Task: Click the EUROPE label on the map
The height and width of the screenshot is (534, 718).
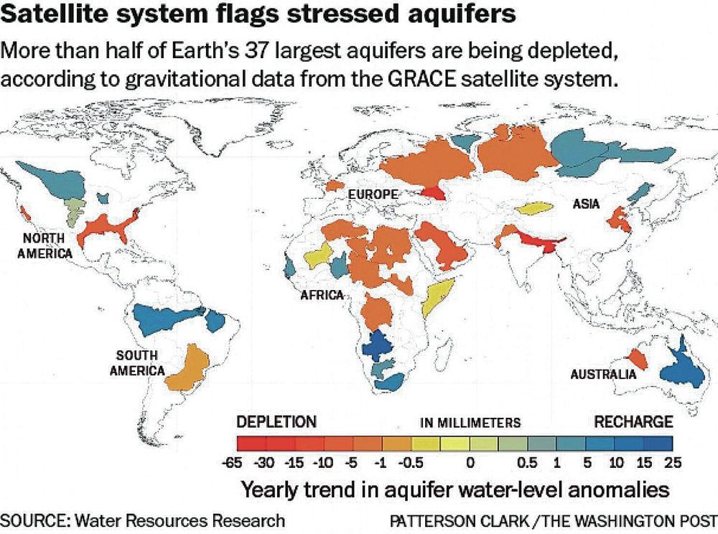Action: click(373, 195)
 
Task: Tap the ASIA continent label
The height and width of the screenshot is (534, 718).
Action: click(586, 205)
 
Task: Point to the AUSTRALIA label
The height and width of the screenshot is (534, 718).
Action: click(603, 374)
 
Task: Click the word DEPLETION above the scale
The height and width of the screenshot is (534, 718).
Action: click(276, 422)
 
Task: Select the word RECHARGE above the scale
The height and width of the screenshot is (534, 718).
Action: click(633, 422)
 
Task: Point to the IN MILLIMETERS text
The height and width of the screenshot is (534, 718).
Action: click(470, 423)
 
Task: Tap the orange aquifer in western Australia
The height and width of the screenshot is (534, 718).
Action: click(636, 357)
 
